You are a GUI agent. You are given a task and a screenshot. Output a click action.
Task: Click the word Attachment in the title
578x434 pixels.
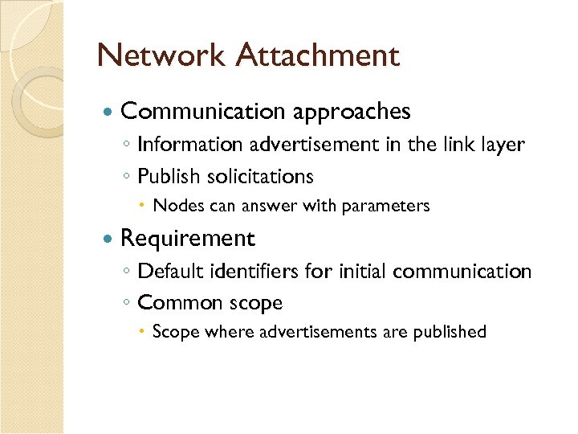(x=318, y=55)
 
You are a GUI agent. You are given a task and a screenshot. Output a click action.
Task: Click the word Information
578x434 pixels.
(x=189, y=145)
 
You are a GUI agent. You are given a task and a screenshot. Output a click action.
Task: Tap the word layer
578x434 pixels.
(x=503, y=145)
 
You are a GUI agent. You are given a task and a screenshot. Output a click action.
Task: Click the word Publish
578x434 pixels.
(x=165, y=176)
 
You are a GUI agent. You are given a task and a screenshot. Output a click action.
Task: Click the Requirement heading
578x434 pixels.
(x=187, y=239)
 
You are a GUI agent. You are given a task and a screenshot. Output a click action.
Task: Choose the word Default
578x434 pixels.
(x=170, y=272)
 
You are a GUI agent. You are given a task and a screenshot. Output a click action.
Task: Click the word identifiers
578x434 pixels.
(x=257, y=272)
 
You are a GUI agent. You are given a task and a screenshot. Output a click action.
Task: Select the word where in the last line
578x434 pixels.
(x=229, y=332)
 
